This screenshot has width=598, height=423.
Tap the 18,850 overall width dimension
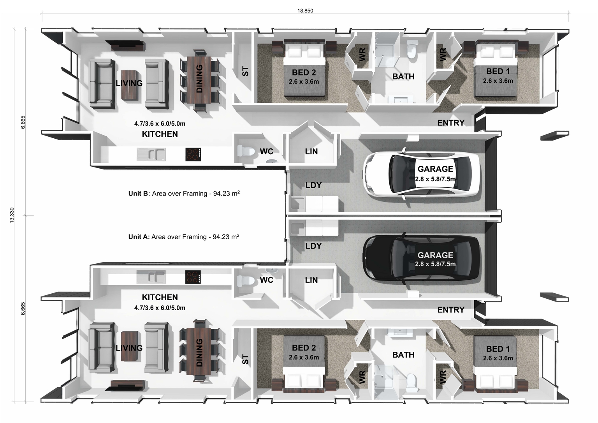pyautogui.click(x=305, y=11)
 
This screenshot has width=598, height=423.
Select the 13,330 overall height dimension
pyautogui.click(x=12, y=215)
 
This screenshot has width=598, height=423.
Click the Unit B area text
pyautogui.click(x=184, y=193)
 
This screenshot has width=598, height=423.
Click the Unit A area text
pyautogui.click(x=184, y=236)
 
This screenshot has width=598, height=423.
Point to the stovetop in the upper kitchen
pyautogui.click(x=193, y=154)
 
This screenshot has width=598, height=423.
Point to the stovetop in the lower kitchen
pyautogui.click(x=193, y=277)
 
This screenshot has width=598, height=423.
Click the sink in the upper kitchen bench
pyautogui.click(x=151, y=154)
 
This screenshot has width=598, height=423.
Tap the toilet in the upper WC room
pyautogui.click(x=244, y=151)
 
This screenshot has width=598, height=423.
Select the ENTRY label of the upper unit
pyautogui.click(x=450, y=123)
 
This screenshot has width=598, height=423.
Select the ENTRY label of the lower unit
pyautogui.click(x=450, y=310)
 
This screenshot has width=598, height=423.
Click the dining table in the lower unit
pyautogui.click(x=199, y=352)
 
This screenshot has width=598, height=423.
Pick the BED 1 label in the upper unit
pyautogui.click(x=498, y=72)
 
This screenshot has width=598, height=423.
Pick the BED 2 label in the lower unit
pyautogui.click(x=304, y=348)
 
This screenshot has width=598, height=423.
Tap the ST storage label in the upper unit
pyautogui.click(x=245, y=71)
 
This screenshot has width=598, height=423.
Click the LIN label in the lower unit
pyautogui.click(x=311, y=280)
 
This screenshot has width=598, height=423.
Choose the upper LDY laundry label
pyautogui.click(x=313, y=185)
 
